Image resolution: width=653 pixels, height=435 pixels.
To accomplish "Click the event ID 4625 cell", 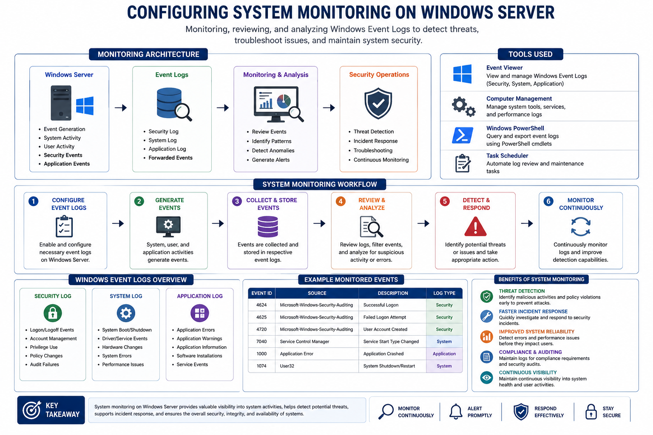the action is [261, 317].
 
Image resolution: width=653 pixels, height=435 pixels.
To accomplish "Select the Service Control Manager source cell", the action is [317, 342].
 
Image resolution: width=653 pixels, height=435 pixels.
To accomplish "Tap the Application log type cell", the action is [444, 354].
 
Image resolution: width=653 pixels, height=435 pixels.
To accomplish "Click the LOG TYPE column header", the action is [444, 293].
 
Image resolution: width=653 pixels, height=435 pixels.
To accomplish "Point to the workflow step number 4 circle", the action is [341, 201].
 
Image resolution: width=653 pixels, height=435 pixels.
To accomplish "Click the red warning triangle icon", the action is [475, 226].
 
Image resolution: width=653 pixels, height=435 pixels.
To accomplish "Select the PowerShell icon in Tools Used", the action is [463, 135].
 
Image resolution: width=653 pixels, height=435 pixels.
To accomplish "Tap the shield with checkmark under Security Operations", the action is [378, 103].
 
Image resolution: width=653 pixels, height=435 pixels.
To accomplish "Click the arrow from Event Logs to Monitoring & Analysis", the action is [223, 108].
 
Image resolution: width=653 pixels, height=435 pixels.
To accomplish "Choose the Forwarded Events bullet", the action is [170, 158].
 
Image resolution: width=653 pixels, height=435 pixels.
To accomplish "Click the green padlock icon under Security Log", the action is [52, 313].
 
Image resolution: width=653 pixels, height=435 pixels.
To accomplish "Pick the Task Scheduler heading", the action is [507, 155].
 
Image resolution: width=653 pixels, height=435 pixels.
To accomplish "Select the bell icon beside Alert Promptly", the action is [456, 412].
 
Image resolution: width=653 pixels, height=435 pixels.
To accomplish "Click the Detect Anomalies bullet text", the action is [273, 150].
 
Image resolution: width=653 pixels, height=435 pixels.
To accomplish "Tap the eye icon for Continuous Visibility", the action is [486, 378].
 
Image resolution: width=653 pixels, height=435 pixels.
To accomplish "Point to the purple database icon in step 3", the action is [267, 226].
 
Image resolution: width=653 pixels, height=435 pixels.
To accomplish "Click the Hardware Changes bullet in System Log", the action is [122, 347].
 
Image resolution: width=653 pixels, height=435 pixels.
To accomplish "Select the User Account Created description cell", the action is [385, 329].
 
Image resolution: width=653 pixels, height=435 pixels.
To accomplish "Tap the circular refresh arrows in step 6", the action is [580, 226].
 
